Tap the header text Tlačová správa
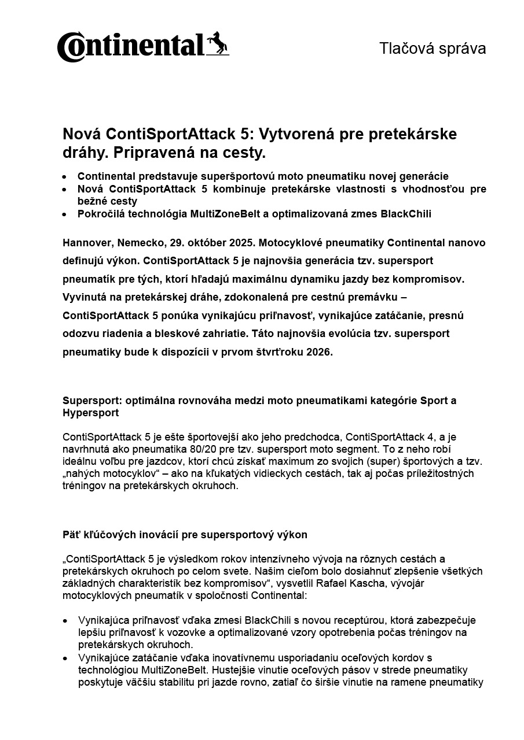pyautogui.click(x=432, y=49)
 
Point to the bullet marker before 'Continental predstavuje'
pyautogui.click(x=66, y=176)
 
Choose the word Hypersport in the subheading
pyautogui.click(x=90, y=413)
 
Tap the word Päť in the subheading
pyautogui.click(x=71, y=535)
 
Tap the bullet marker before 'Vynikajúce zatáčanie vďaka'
pyautogui.click(x=66, y=658)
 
